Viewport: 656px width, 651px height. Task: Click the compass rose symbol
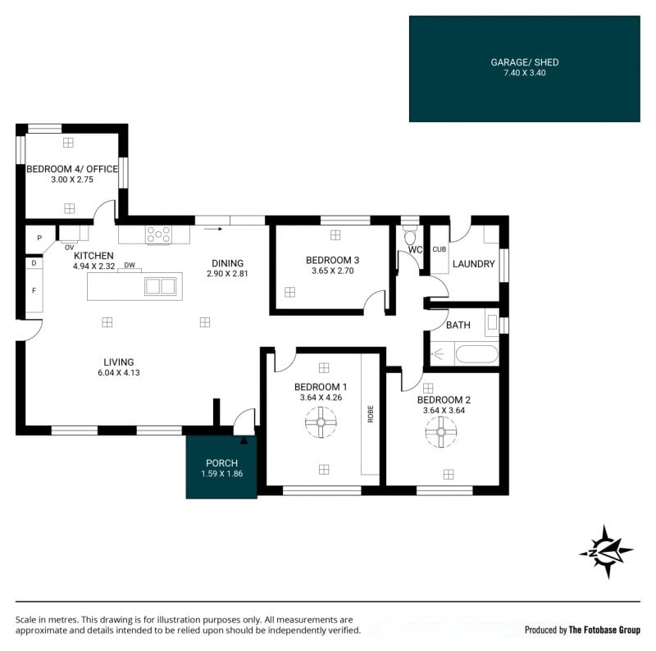(x=606, y=552)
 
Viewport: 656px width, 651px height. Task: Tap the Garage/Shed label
(x=525, y=62)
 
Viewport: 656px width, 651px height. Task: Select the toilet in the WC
(x=410, y=236)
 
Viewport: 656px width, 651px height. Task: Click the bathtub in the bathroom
(x=476, y=354)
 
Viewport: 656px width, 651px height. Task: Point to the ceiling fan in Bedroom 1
(x=321, y=422)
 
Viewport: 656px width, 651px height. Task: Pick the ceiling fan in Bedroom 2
(x=441, y=432)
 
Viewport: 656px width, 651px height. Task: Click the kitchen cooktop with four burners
(x=158, y=234)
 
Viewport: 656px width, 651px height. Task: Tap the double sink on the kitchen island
(x=160, y=287)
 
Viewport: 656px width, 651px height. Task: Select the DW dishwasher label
(x=130, y=265)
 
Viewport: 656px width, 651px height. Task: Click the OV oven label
(x=70, y=248)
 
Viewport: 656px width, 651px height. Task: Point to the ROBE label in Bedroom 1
(x=371, y=414)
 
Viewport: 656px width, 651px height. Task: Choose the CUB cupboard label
(x=440, y=249)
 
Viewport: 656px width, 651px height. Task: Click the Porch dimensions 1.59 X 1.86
(x=221, y=474)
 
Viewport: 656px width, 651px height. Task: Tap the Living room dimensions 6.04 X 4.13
(x=119, y=373)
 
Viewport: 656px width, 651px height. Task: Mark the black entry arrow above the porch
(x=244, y=440)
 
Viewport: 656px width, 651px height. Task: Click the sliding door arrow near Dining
(x=213, y=229)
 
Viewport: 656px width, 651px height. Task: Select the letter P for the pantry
(x=39, y=238)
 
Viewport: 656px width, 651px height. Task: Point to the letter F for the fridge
(x=34, y=290)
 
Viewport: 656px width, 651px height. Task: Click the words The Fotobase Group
(x=604, y=630)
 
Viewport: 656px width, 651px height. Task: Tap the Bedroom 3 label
(x=333, y=260)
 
